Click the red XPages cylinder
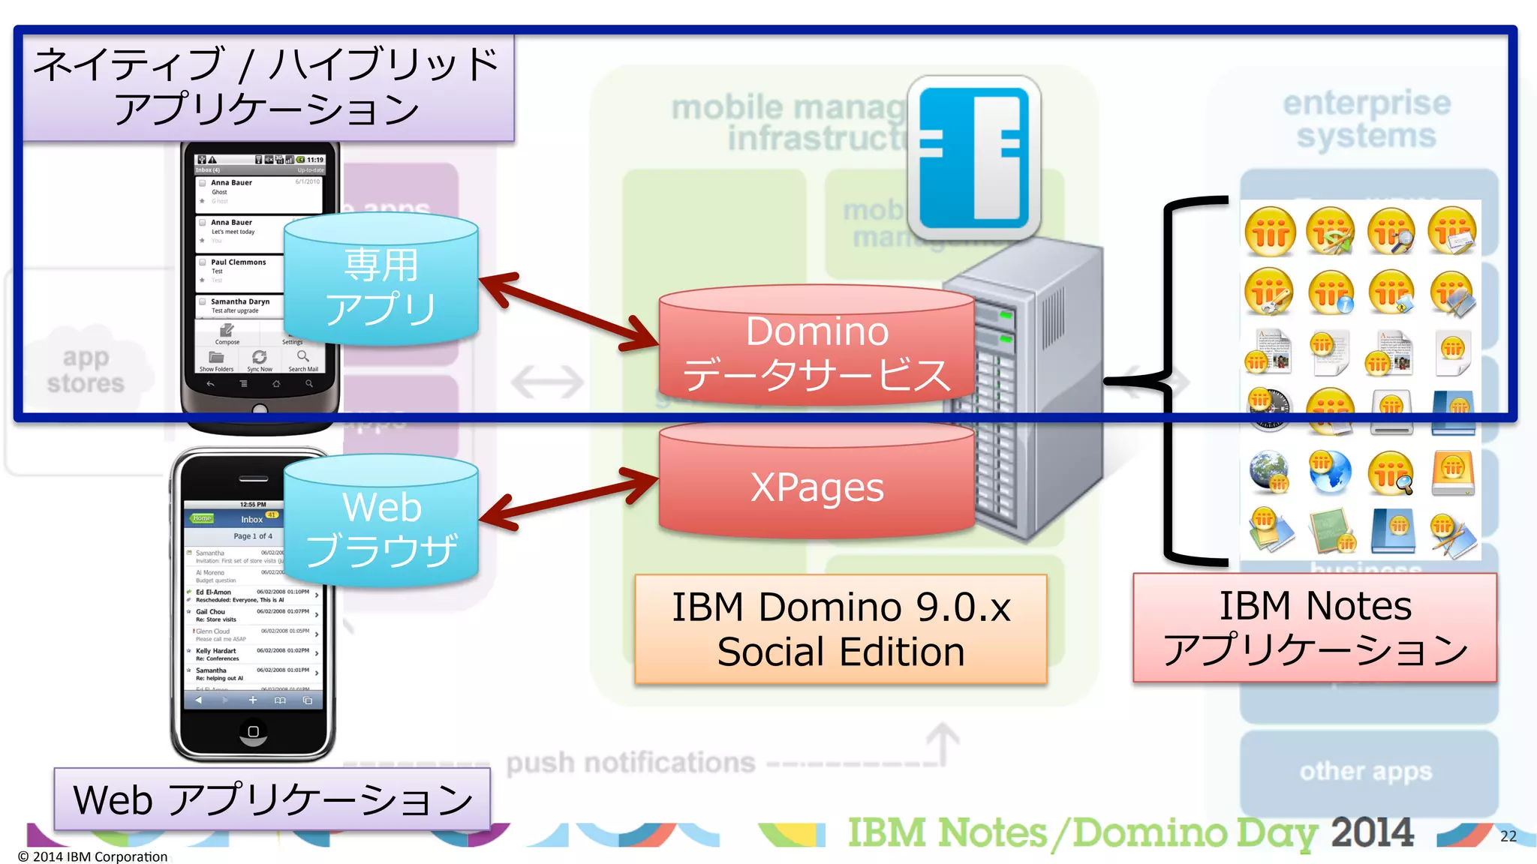(817, 486)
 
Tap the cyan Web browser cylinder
(381, 525)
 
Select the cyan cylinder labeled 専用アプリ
(381, 285)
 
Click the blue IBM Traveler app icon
(973, 157)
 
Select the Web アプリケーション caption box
(272, 799)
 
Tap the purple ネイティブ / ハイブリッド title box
(267, 86)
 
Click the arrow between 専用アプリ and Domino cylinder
(569, 312)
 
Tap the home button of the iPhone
(253, 731)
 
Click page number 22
(1508, 836)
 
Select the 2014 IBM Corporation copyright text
(93, 856)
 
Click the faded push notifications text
(630, 763)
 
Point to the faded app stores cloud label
(86, 370)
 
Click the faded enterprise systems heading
(1366, 120)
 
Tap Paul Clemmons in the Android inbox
(238, 262)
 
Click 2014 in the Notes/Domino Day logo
(1372, 832)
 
